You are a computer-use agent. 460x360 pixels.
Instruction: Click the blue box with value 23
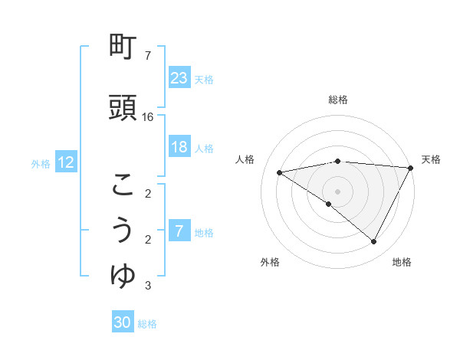(179, 78)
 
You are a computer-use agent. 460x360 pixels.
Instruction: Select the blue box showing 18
(179, 148)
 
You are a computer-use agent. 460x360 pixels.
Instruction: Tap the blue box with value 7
(179, 231)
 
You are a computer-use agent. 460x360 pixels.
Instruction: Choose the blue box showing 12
(66, 162)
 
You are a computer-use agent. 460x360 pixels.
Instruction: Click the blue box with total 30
(123, 322)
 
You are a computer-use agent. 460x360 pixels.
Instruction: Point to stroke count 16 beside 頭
(148, 117)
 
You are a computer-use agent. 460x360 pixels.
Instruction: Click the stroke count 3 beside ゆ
(148, 286)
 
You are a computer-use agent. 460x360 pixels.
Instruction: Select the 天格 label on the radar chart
(431, 159)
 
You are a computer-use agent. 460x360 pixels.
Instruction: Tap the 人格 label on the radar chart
(245, 159)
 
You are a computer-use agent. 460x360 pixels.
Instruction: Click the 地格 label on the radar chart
(402, 262)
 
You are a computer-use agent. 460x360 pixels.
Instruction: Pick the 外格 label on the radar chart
(270, 262)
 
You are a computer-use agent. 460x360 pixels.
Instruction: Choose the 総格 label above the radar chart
(337, 100)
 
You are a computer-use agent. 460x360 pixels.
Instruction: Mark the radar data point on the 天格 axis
(411, 168)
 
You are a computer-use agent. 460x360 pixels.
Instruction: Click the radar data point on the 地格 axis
(373, 242)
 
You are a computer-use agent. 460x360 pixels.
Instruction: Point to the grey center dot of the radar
(337, 191)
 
